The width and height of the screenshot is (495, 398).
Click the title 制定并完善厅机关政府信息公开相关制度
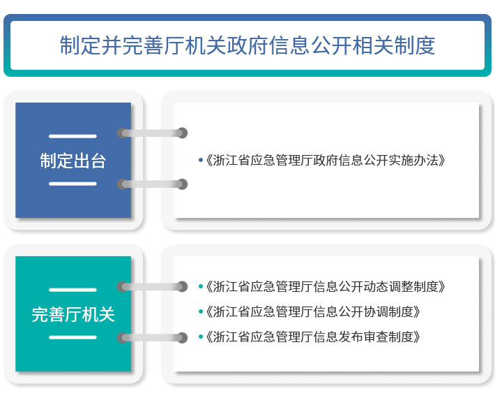pos(247,45)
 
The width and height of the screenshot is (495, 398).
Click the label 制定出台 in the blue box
pos(73,161)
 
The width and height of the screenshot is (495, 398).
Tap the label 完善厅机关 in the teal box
pos(73,314)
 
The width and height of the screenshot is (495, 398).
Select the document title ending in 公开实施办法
pos(326,161)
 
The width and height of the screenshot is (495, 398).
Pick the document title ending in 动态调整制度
pos(326,286)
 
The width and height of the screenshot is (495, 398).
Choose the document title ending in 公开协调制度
pos(313,311)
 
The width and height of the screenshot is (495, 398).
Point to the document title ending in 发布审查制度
pos(313,337)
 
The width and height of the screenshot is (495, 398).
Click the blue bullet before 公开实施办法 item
pos(201,161)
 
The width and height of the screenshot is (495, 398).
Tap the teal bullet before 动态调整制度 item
pos(201,286)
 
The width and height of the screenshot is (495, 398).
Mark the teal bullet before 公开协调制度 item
pos(201,311)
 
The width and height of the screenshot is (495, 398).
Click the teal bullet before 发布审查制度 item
pos(201,337)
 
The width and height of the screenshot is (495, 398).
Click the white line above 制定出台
pos(73,136)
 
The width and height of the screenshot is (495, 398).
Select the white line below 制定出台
pos(73,184)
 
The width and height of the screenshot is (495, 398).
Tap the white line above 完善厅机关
pos(73,290)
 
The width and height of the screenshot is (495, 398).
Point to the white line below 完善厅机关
pos(73,337)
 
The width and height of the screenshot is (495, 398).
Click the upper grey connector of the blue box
pos(152,133)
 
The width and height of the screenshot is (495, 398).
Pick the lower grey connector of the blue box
pos(152,184)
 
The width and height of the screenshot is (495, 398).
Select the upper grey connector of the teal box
pos(152,286)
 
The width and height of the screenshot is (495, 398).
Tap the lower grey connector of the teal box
pos(152,338)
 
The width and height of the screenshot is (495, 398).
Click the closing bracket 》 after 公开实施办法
pos(442,161)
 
